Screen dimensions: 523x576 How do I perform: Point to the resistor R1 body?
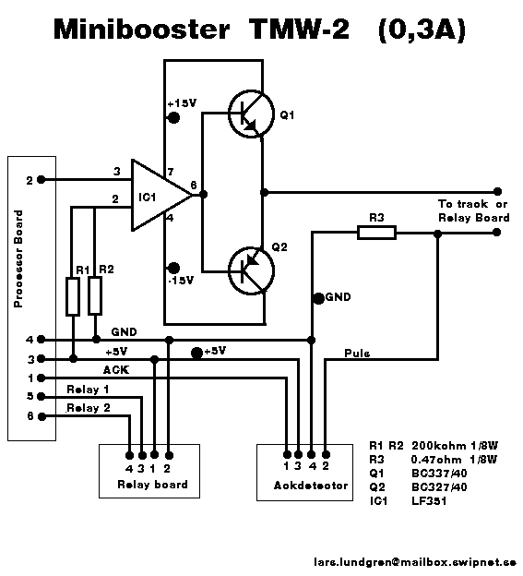(x=73, y=297)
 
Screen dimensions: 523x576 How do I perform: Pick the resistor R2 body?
(x=95, y=295)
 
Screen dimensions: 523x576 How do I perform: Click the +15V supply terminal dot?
(x=173, y=118)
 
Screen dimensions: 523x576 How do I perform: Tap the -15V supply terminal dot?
(x=173, y=268)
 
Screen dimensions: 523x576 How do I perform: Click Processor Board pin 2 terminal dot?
(x=42, y=180)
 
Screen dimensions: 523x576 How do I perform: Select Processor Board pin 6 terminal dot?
(x=42, y=416)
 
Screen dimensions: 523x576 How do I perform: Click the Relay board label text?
(x=152, y=485)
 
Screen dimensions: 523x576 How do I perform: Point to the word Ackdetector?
(x=311, y=486)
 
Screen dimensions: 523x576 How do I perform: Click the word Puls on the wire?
(x=357, y=354)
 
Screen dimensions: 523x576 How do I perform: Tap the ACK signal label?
(x=116, y=370)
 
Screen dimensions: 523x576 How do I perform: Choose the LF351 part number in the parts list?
(x=429, y=501)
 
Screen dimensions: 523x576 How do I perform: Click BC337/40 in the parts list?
(x=439, y=474)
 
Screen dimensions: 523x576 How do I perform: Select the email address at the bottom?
(x=415, y=562)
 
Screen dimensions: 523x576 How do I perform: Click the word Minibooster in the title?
(x=142, y=30)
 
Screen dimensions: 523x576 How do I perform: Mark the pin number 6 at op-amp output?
(x=194, y=186)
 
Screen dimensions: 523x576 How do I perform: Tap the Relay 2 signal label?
(x=88, y=408)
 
